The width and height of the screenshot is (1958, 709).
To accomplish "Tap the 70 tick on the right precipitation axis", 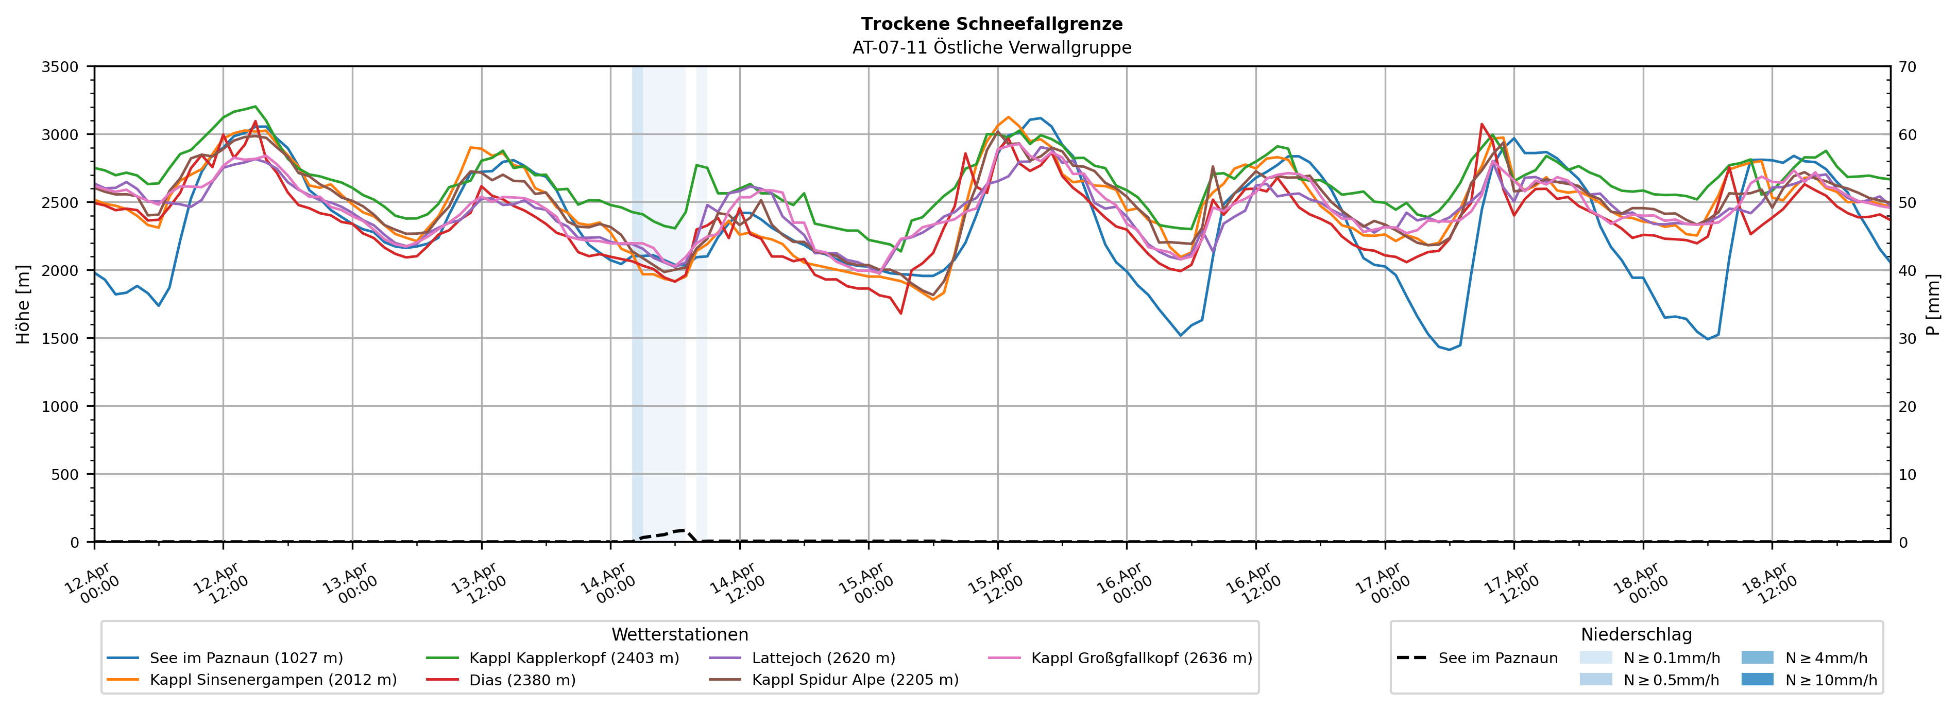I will [1908, 67].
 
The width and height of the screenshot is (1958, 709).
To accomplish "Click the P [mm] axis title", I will [1933, 304].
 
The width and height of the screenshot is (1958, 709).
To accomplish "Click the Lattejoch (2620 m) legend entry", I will [823, 658].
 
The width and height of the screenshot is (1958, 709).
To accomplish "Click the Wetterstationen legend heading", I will [679, 634].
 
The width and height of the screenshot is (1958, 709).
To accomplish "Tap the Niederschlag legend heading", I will [1636, 634].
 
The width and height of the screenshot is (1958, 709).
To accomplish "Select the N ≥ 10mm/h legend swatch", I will [1757, 679].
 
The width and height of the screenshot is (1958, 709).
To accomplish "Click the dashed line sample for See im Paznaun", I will [1411, 658].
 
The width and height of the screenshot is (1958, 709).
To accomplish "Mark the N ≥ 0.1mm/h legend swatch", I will [1595, 658].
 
